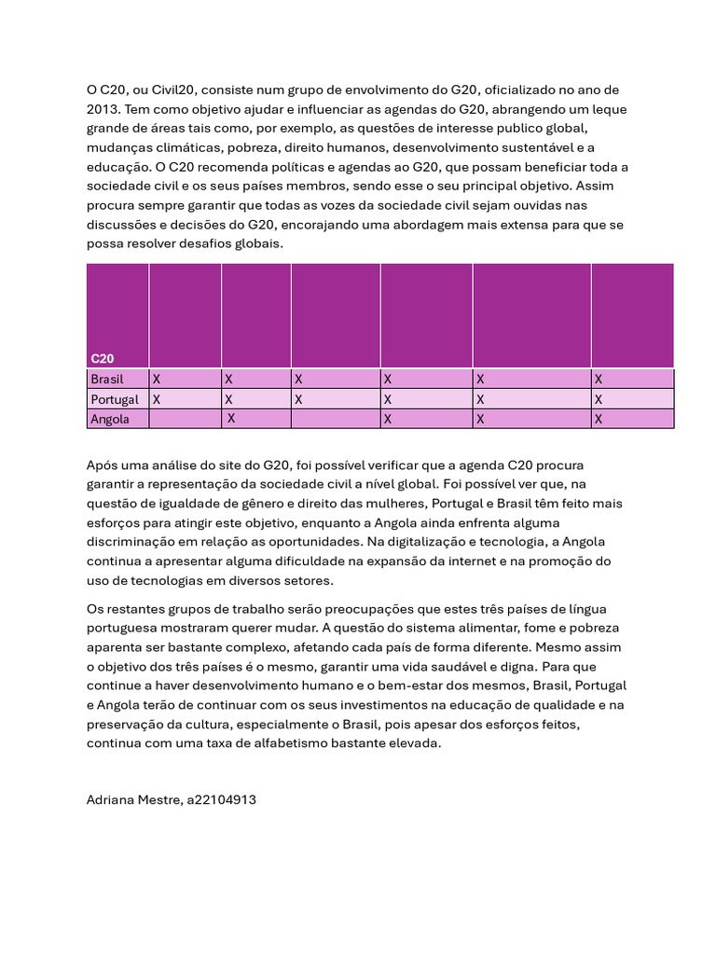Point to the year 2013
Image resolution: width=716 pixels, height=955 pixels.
coord(105,108)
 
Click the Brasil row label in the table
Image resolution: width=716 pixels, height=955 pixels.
coord(106,380)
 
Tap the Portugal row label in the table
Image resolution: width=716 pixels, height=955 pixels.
coord(114,399)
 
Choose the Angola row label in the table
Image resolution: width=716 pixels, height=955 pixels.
coord(109,419)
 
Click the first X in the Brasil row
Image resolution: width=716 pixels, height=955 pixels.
coord(157,380)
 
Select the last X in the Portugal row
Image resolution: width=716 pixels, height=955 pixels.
coord(599,399)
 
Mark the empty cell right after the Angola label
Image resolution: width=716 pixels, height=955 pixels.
coord(185,419)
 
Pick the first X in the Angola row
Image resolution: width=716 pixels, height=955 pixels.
coord(231,419)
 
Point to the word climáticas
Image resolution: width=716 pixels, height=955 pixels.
coord(183,147)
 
